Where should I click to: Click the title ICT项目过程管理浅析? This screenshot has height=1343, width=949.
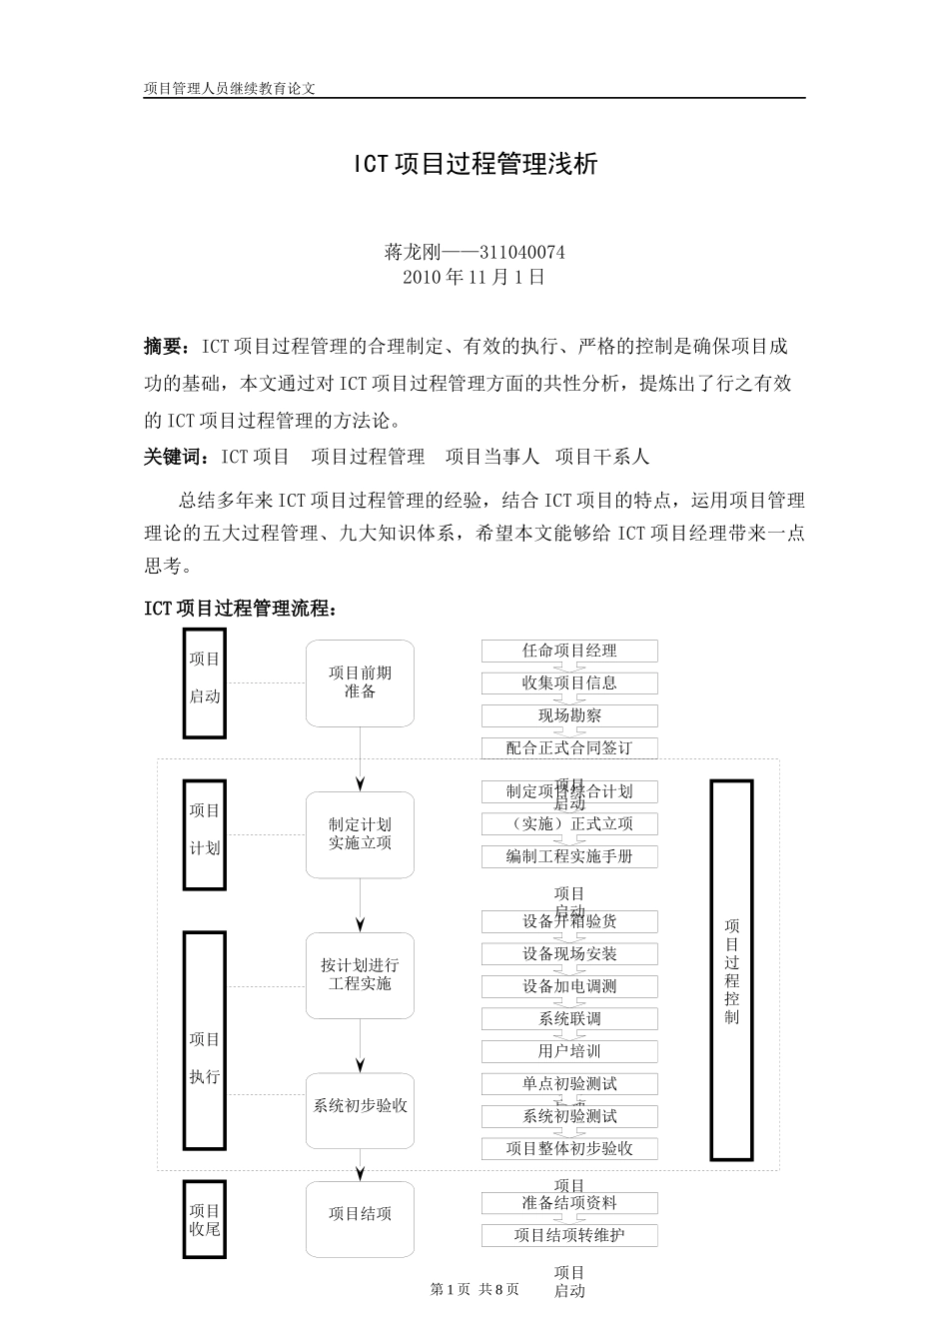click(474, 164)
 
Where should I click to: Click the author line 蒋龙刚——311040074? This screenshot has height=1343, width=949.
click(474, 253)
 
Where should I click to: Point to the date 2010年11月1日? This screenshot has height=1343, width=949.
click(474, 277)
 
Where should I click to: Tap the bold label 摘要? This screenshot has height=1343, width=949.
click(164, 347)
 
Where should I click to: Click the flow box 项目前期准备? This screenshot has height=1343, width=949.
click(360, 682)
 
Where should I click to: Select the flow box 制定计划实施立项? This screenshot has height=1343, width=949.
click(360, 834)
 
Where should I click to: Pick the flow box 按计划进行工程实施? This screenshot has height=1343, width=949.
click(360, 975)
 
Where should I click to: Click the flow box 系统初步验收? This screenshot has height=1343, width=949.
click(360, 1106)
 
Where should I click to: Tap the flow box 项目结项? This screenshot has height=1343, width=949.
click(360, 1214)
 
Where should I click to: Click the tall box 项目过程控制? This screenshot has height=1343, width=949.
click(731, 969)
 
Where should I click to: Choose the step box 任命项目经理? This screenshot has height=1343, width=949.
click(569, 651)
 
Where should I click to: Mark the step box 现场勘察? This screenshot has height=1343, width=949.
click(569, 715)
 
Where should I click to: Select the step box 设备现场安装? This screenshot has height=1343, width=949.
click(569, 954)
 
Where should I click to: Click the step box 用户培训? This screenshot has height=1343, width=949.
click(569, 1051)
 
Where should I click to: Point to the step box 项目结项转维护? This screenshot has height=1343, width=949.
click(569, 1235)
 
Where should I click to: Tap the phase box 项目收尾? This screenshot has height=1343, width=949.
click(205, 1220)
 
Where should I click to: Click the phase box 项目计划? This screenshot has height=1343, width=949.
click(205, 834)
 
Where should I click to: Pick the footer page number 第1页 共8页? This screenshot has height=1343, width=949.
click(474, 1290)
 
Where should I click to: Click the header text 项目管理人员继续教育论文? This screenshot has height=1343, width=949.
click(230, 88)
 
